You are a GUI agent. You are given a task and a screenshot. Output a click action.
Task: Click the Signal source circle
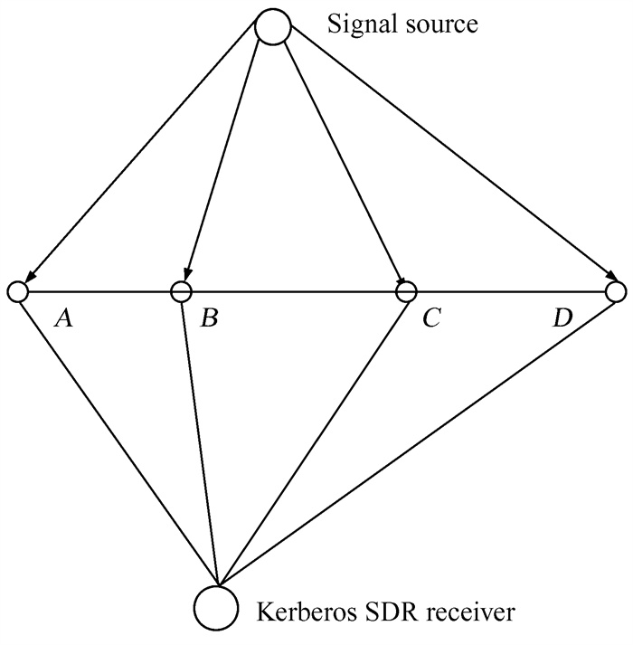(272, 27)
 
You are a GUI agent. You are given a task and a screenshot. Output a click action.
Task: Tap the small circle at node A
(16, 291)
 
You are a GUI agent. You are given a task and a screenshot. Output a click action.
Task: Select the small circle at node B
(181, 291)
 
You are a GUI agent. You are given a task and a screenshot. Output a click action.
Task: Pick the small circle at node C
(407, 291)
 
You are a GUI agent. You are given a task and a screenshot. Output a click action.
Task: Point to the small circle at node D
(616, 291)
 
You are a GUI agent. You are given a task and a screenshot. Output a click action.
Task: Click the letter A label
(63, 318)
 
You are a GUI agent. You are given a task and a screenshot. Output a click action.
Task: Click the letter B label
(208, 318)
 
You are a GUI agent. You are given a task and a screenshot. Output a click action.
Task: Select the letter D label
(562, 318)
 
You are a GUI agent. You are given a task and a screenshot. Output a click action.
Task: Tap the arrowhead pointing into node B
(185, 273)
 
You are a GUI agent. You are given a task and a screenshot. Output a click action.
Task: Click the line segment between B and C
(294, 291)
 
